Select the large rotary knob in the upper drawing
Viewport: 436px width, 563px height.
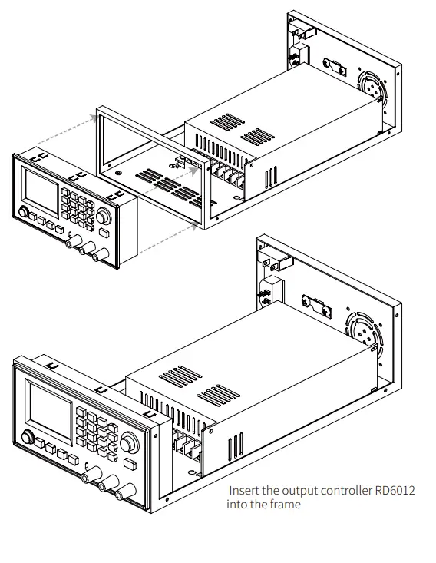click(103, 217)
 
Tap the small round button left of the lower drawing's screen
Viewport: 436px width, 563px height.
click(28, 439)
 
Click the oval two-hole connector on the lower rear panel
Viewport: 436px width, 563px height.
click(315, 308)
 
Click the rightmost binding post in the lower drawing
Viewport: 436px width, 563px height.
click(119, 492)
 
